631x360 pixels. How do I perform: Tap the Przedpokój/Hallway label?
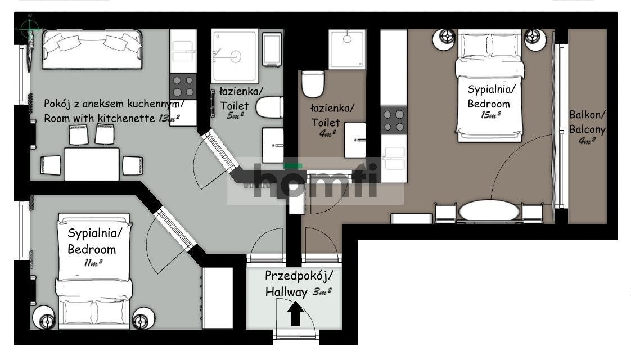click(x=298, y=283)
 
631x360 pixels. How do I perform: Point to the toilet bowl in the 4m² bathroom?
click(x=312, y=84)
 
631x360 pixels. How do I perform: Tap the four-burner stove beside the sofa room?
click(x=183, y=85)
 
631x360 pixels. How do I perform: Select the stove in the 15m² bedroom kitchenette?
click(x=394, y=120)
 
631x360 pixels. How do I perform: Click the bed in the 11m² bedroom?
click(x=94, y=270)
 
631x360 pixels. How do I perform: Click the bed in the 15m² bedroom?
click(x=489, y=84)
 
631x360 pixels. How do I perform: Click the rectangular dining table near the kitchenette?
click(x=91, y=164)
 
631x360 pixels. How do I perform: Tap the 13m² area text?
click(x=169, y=118)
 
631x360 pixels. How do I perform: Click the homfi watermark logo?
click(x=315, y=181)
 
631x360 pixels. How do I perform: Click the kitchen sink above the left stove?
click(x=183, y=51)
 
